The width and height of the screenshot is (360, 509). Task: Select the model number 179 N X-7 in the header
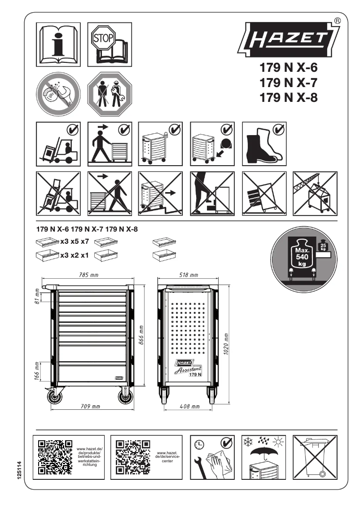click(289, 83)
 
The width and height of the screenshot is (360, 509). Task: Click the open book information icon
click(58, 44)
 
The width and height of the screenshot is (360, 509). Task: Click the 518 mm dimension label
click(188, 275)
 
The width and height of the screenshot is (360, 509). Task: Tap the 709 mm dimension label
click(90, 407)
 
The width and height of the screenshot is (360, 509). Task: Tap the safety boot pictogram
click(264, 143)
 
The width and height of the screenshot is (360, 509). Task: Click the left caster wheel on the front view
click(55, 397)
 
